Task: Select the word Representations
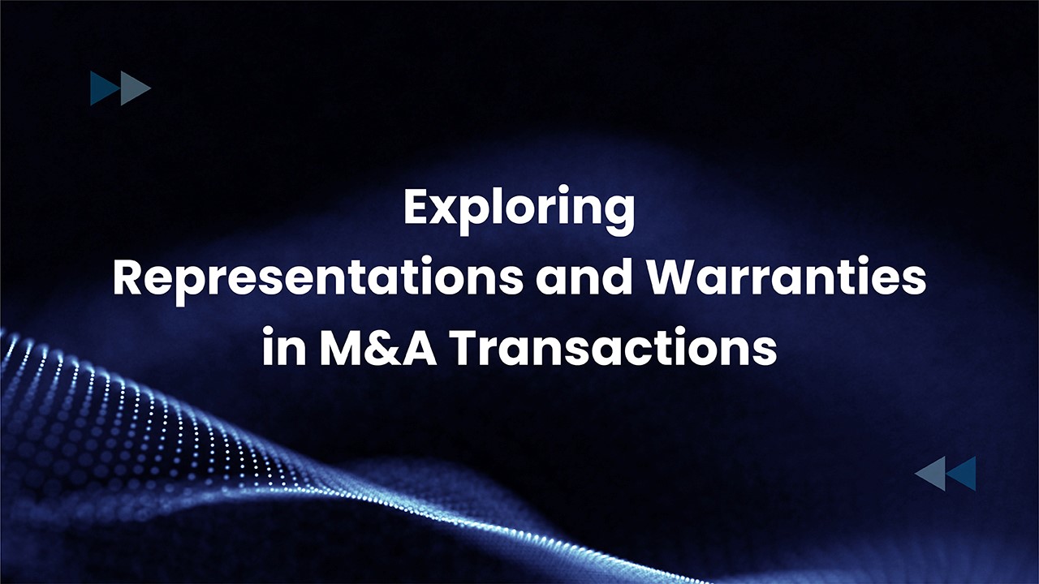click(x=317, y=280)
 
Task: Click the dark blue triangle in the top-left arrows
click(x=106, y=88)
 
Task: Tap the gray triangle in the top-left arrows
click(x=136, y=88)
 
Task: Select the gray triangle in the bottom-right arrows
click(x=930, y=473)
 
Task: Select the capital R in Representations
click(x=127, y=278)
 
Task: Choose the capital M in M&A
click(x=343, y=347)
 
